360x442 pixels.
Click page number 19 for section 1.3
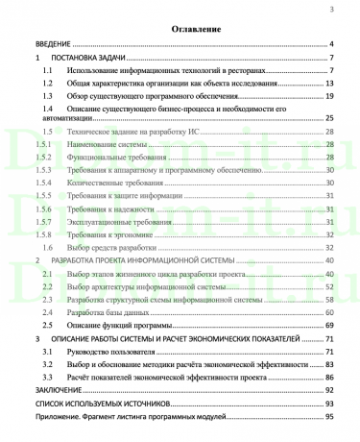coord(329,97)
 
